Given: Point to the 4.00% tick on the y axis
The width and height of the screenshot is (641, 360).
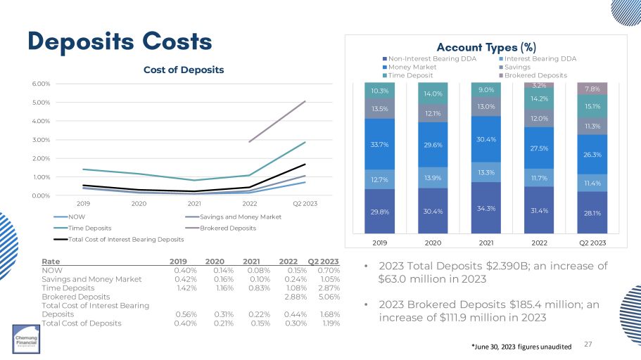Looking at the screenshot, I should click(42, 120).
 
